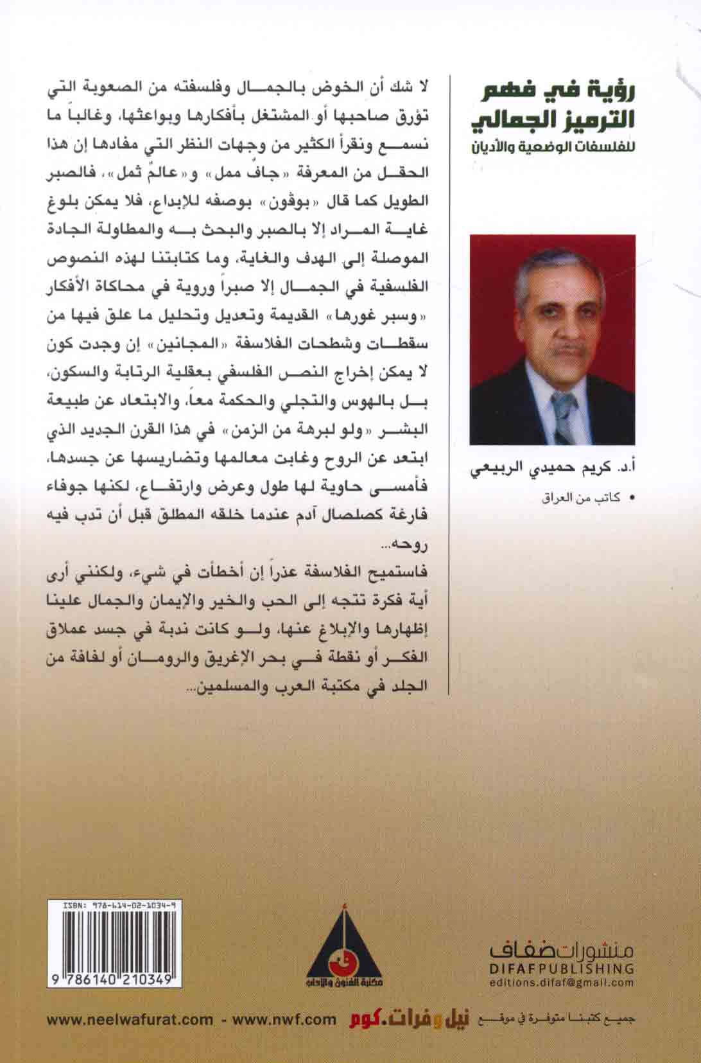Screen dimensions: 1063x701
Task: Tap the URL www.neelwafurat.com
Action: [x=130, y=1019]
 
